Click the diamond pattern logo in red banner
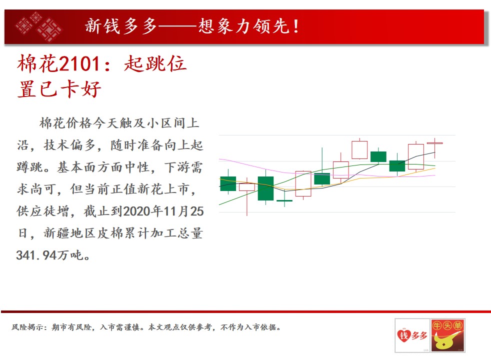(x=38, y=26)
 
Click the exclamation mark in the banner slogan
(x=296, y=26)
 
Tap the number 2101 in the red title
(x=79, y=64)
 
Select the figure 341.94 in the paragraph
(x=36, y=255)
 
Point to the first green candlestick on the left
(x=228, y=184)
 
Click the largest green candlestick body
(x=265, y=188)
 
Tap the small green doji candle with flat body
(x=284, y=200)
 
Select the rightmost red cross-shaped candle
(x=434, y=143)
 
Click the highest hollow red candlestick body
(x=359, y=150)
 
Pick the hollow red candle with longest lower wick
(x=247, y=187)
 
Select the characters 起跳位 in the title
(x=155, y=64)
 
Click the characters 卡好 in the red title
(x=80, y=89)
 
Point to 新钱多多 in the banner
(x=121, y=26)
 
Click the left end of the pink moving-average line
(x=219, y=159)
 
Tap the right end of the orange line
(x=435, y=168)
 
